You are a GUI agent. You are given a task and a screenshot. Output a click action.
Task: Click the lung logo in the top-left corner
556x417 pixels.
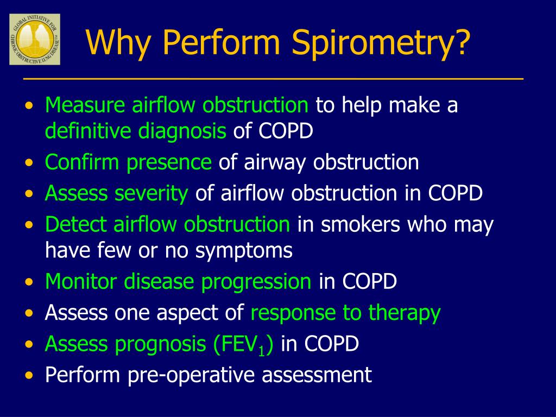pyautogui.click(x=35, y=40)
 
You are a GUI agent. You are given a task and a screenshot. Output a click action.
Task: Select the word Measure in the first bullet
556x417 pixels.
pyautogui.click(x=85, y=105)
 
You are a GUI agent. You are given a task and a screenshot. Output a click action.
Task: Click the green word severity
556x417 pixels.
pyautogui.click(x=152, y=193)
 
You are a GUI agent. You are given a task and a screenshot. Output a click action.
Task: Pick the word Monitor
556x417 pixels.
pyautogui.click(x=81, y=281)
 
